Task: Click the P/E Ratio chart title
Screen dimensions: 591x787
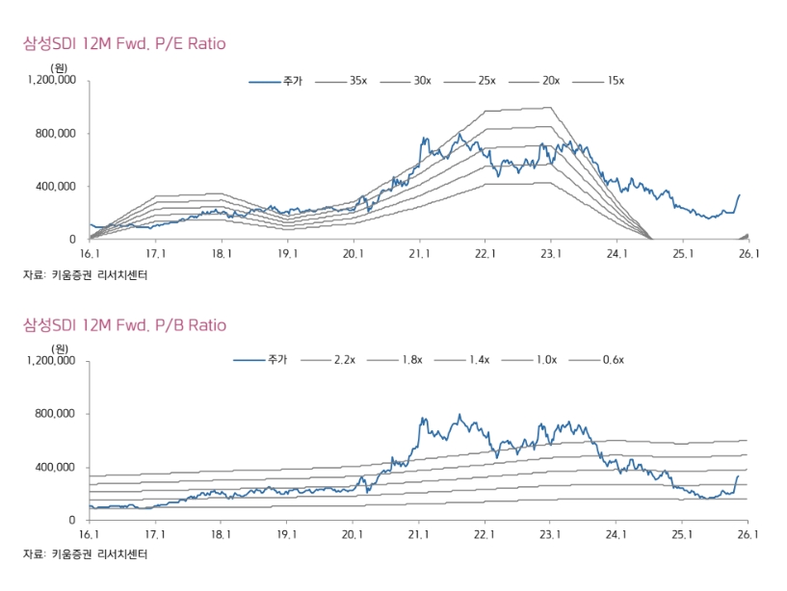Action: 124,44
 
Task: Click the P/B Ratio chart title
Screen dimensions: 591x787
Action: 124,325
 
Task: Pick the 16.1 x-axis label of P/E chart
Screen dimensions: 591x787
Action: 90,254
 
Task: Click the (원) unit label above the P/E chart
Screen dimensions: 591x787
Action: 60,68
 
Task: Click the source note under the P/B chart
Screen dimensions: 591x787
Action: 86,554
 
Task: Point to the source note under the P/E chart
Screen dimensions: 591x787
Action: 86,275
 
